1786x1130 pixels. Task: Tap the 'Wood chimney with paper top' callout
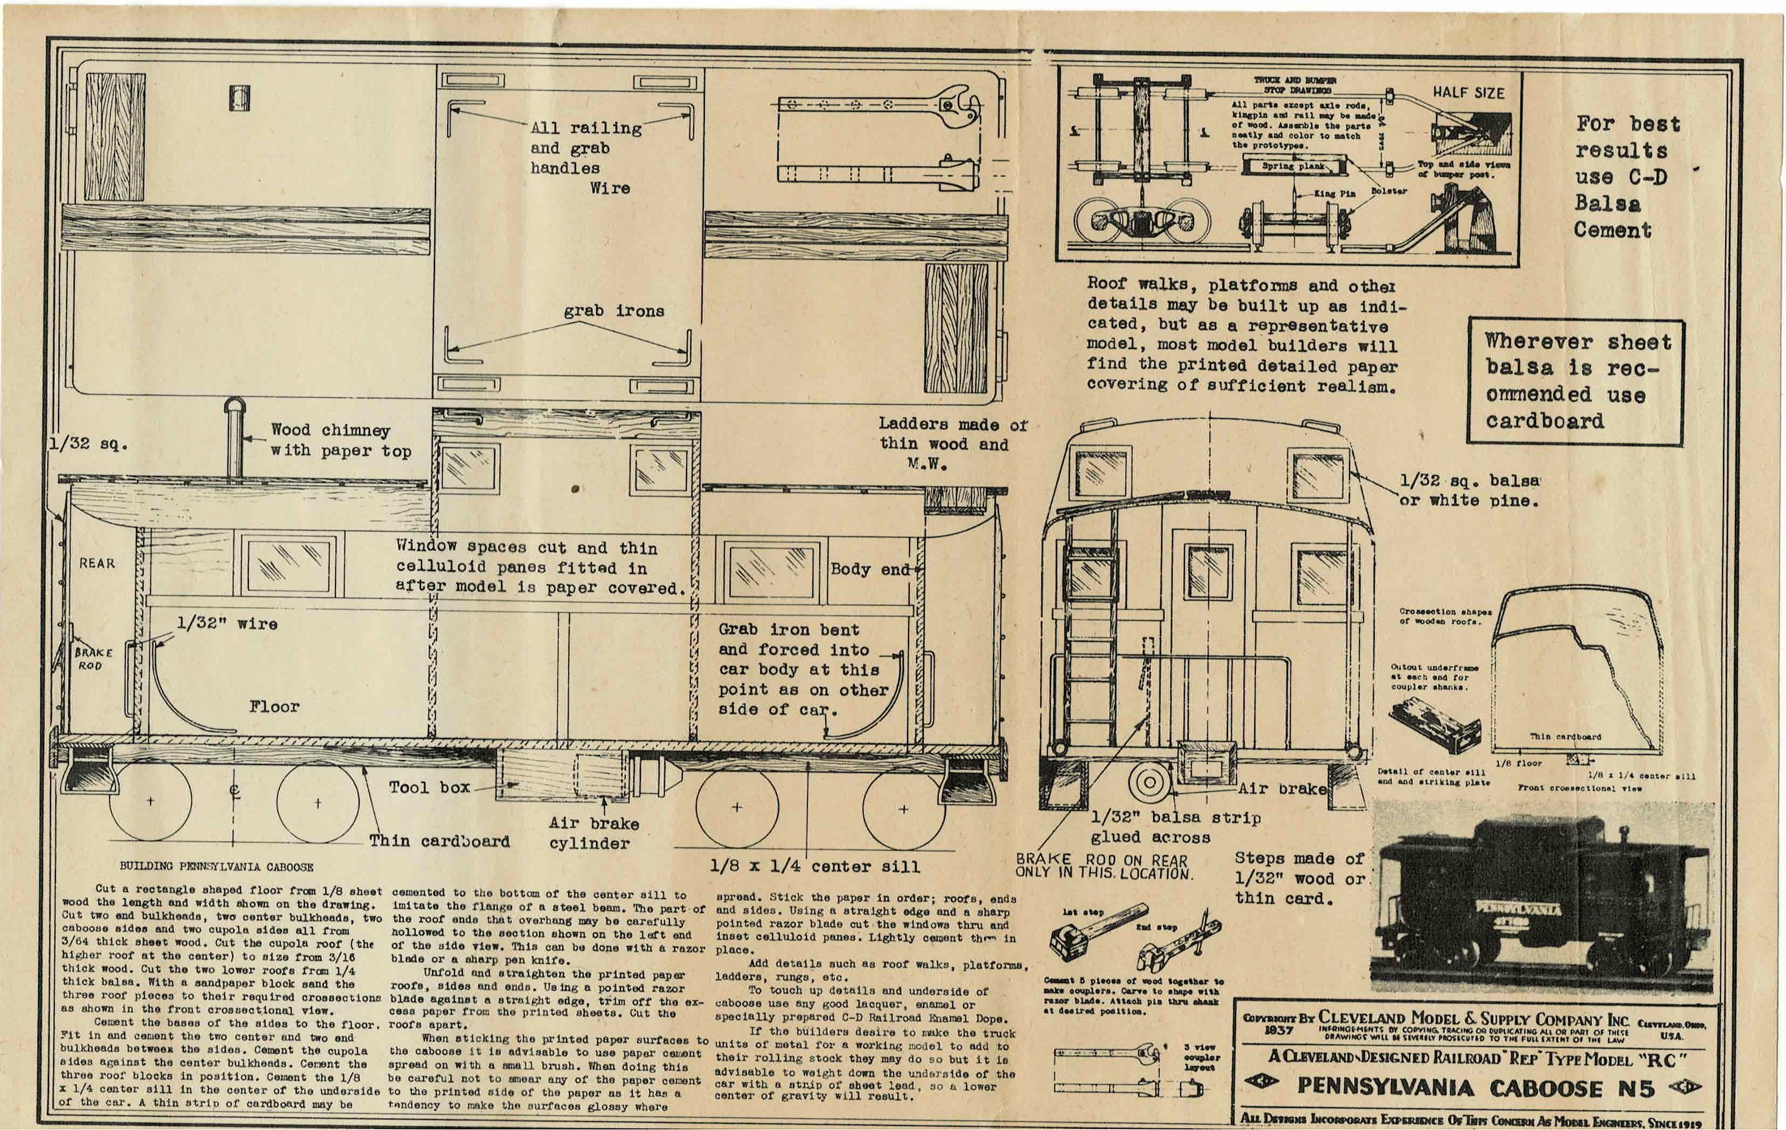pos(340,440)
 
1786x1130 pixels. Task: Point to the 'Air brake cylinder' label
pos(594,833)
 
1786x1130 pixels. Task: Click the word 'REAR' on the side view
pos(97,563)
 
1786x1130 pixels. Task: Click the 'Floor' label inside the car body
pos(274,706)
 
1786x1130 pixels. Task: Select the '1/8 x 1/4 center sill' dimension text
pos(815,866)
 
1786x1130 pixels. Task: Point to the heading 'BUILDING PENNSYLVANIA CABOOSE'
pos(217,866)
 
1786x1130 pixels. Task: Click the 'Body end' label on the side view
pos(869,569)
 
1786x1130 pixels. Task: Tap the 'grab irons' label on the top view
pos(613,311)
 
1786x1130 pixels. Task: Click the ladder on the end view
pos(1091,630)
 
